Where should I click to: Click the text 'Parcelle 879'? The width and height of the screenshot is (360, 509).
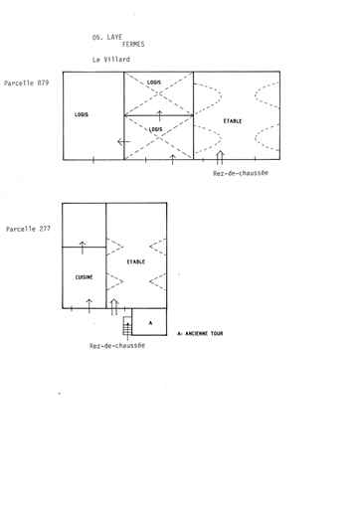coord(27,84)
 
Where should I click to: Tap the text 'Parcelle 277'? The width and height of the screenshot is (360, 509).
coord(28,229)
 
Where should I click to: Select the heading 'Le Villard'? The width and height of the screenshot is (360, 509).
coord(111,60)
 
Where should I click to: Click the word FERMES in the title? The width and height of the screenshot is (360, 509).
coord(133,44)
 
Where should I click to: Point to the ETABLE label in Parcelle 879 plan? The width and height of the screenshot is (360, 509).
coord(233,121)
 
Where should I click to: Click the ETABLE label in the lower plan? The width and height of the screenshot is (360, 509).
coord(136,261)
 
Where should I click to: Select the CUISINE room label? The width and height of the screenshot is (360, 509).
coord(84,277)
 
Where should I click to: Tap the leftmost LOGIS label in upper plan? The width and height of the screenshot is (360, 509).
coord(82,114)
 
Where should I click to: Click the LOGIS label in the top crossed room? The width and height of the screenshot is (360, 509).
coord(154,83)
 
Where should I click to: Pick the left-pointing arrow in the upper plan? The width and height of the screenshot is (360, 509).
coord(123,142)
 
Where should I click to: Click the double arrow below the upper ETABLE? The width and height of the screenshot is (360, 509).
coord(220,158)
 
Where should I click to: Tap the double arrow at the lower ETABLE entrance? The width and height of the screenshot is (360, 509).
coord(114,307)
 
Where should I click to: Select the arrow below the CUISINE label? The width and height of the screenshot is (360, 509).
coord(89,305)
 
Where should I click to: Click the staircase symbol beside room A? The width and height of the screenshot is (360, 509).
coord(127,325)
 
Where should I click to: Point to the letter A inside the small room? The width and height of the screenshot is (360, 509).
coord(151,323)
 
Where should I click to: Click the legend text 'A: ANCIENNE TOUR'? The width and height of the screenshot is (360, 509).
coord(200,333)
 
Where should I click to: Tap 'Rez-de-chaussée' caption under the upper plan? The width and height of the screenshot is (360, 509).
coord(241,173)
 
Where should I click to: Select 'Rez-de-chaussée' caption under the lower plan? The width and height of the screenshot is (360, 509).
coord(117,346)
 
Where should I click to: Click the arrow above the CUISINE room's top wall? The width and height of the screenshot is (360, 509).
coord(83,248)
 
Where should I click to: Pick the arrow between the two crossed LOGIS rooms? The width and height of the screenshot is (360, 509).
coord(159,116)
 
